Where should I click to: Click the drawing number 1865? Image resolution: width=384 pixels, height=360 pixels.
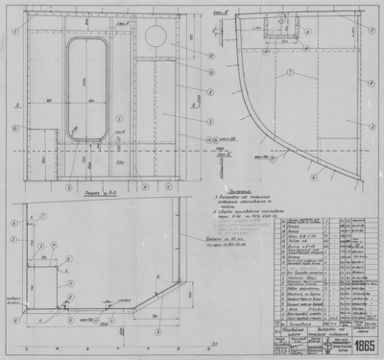[364, 345]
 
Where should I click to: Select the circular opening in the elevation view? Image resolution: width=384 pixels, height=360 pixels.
[152, 37]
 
